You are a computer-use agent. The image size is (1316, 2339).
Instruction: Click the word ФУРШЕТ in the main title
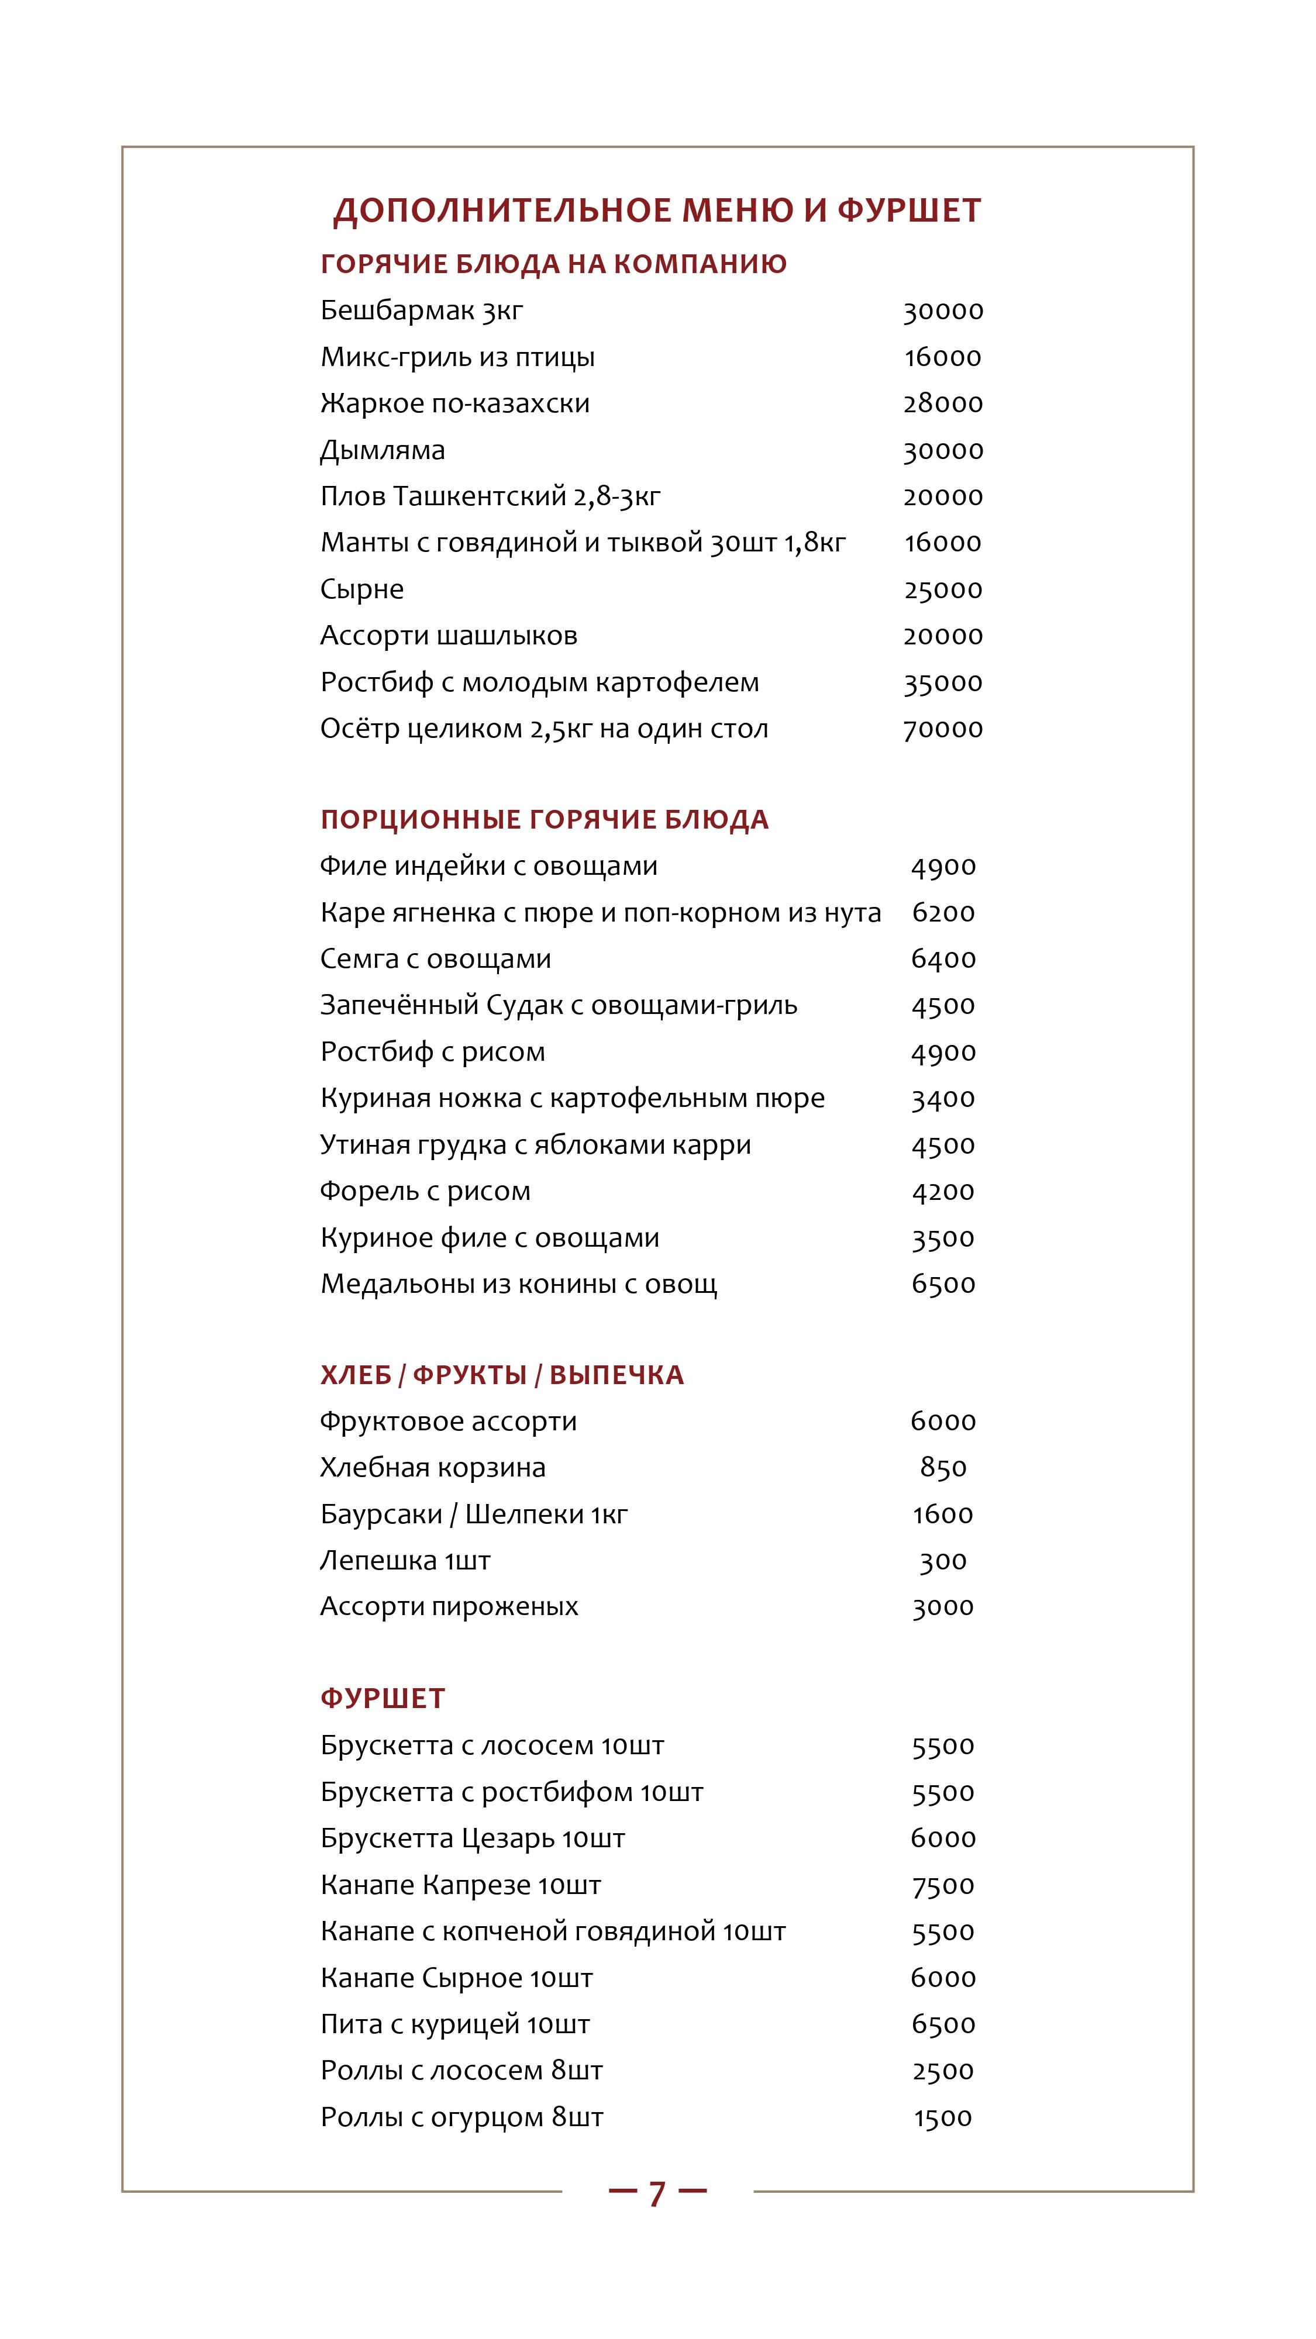908,211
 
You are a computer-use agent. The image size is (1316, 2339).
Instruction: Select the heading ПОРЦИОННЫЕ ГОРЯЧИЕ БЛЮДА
544,820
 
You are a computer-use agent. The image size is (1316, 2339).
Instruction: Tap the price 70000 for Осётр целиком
943,729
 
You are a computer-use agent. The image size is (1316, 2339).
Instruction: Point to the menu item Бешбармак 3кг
421,311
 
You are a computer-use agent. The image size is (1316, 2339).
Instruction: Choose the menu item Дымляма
383,450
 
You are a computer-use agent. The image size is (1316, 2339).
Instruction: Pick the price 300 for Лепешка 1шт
943,1561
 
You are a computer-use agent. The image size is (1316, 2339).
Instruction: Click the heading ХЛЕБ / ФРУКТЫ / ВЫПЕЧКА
501,1375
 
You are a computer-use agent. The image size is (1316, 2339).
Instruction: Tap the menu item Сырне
361,590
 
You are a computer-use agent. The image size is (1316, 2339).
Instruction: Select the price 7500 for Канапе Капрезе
943,1885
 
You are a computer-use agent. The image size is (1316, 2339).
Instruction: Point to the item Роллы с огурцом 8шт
461,2117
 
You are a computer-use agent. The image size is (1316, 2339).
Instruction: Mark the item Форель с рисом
425,1191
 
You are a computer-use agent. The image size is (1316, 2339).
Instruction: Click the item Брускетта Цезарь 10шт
472,1838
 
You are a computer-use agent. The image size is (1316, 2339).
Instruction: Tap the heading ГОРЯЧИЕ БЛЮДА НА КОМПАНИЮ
553,264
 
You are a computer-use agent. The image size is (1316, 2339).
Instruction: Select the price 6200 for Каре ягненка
943,913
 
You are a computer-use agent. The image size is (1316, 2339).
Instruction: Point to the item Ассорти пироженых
449,1607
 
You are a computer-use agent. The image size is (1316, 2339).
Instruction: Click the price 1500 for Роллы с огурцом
943,2117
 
